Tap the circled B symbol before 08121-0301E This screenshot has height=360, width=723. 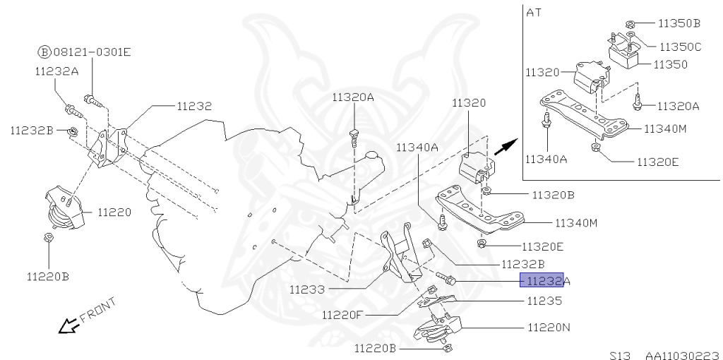coord(44,52)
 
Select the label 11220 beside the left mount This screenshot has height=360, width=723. coord(114,211)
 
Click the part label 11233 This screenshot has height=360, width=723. coord(306,289)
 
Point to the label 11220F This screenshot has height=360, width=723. coord(342,314)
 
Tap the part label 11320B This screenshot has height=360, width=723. coord(553,194)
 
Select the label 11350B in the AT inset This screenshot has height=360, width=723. coord(679,23)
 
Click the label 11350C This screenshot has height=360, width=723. coord(680,47)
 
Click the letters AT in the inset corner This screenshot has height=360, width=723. coord(532,12)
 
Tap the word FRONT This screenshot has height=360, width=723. coord(96,315)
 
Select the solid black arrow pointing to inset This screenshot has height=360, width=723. coord(503,148)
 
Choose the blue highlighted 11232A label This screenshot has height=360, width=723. coord(542,281)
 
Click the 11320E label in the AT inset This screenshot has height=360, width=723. coord(657,161)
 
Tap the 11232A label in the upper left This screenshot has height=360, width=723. coord(56,71)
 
